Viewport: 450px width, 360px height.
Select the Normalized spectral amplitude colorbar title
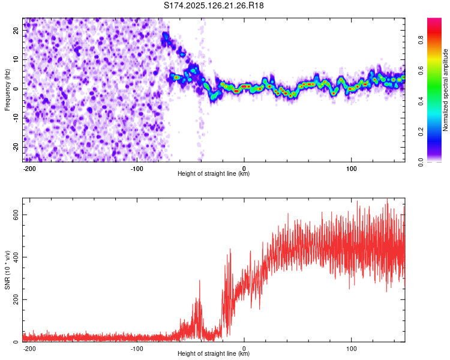(446, 90)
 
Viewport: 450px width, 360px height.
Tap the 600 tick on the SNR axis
(13, 215)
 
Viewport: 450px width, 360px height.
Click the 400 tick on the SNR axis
(13, 257)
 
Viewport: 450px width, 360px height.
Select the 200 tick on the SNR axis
(13, 299)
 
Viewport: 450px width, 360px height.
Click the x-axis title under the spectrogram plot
(214, 174)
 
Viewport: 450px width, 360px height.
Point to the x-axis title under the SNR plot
(214, 354)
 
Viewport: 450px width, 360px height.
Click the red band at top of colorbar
(434, 23)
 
